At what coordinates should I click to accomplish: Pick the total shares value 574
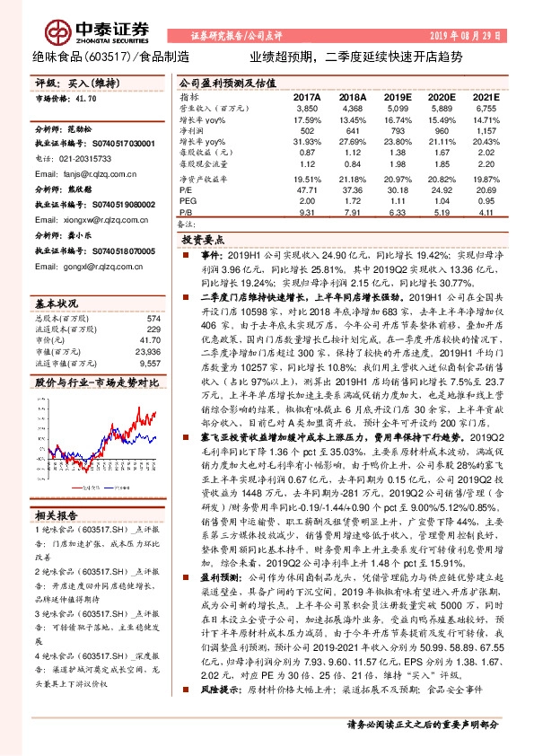click(153, 294)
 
